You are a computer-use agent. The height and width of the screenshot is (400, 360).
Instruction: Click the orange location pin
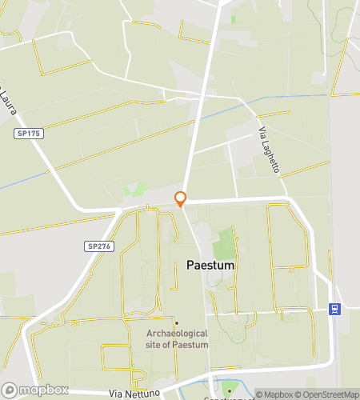[x=181, y=199]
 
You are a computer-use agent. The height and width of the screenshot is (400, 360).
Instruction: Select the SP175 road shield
[x=28, y=134]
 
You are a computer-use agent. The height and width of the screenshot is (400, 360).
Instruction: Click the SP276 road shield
[x=99, y=246]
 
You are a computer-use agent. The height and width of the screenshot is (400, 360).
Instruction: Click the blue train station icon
[x=334, y=309]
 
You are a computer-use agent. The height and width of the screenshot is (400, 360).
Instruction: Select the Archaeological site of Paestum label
[x=178, y=338]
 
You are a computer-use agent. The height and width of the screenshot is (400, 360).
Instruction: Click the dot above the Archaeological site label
[x=176, y=322]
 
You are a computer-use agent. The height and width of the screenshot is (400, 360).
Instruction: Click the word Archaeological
[x=178, y=333]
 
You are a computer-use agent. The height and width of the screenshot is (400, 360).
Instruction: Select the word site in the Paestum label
[x=154, y=344]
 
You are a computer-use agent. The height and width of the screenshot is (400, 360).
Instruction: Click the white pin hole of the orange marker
[x=181, y=198]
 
